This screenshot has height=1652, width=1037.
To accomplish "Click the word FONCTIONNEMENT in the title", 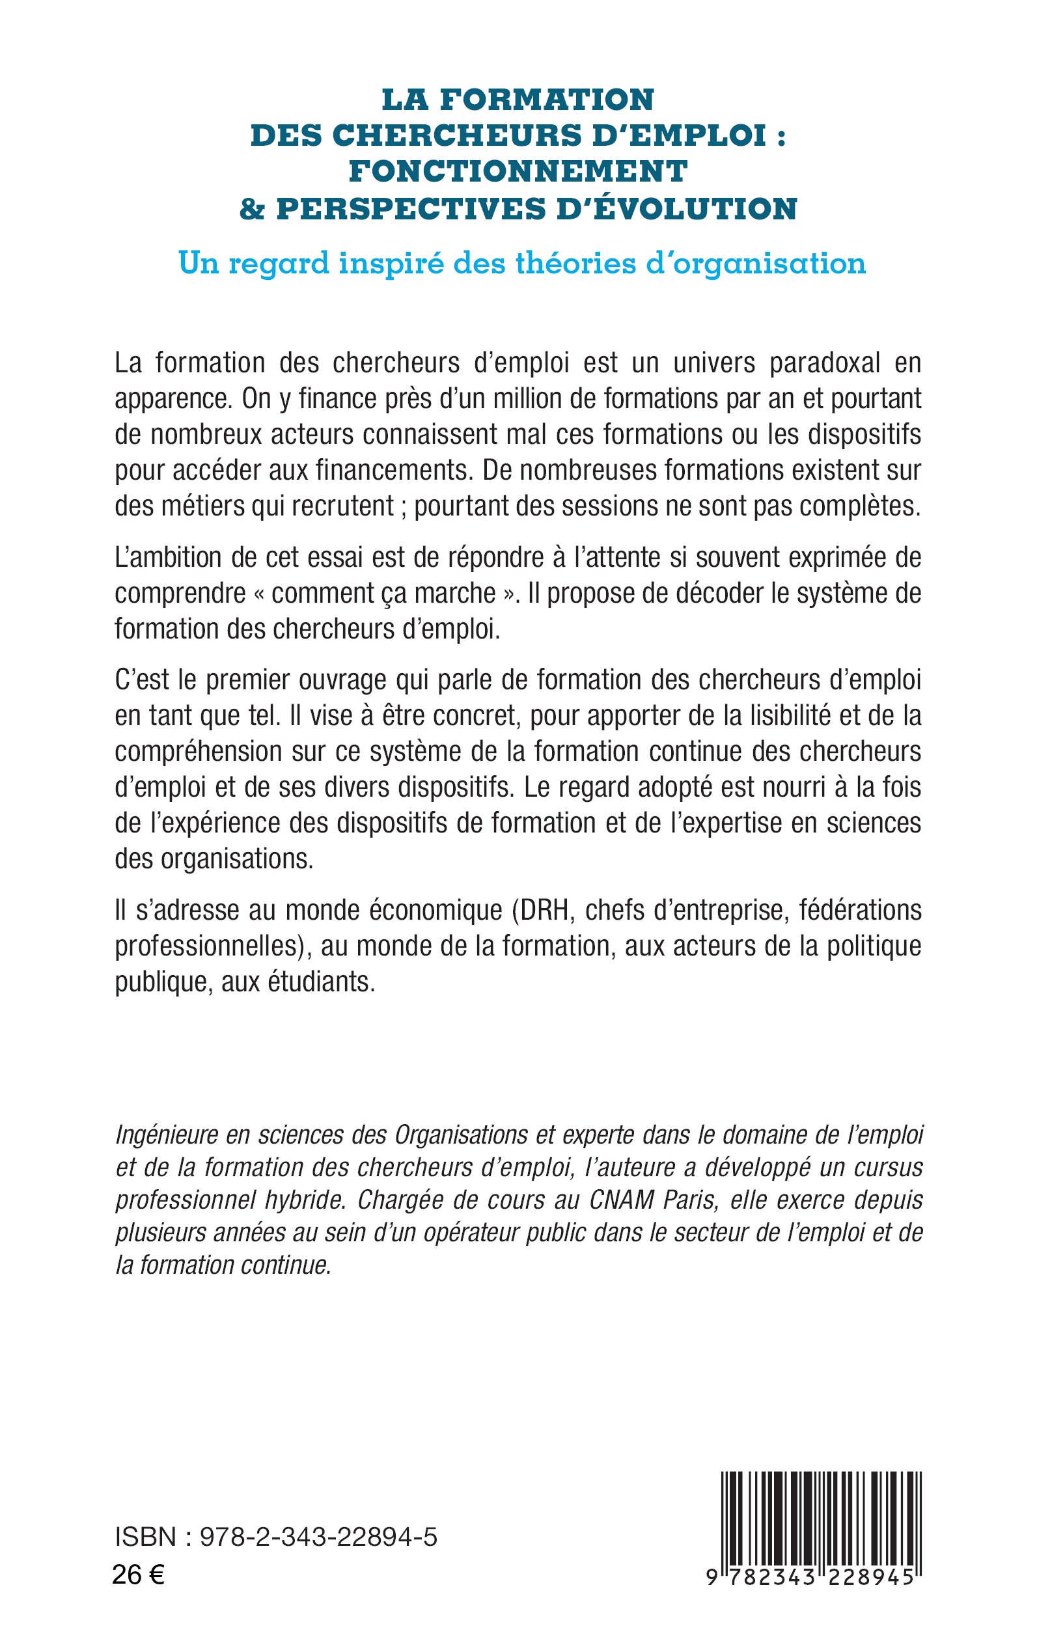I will pyautogui.click(x=518, y=171).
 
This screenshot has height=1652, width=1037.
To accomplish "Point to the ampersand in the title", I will pyautogui.click(x=253, y=208).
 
